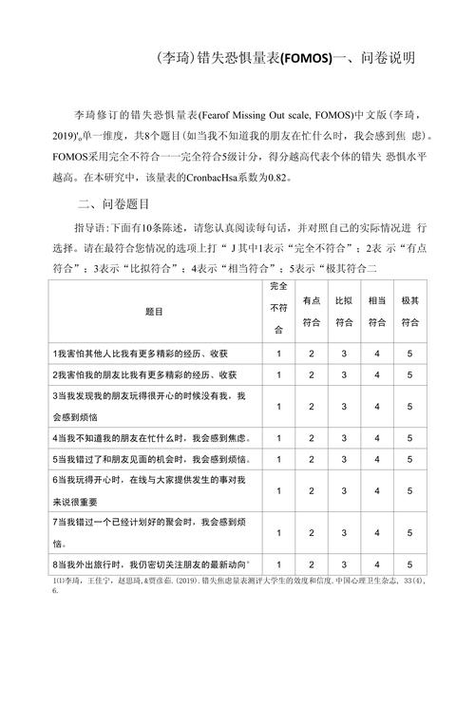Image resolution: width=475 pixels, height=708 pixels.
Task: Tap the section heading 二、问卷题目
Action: (x=121, y=204)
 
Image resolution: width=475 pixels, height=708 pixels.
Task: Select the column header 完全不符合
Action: (x=278, y=310)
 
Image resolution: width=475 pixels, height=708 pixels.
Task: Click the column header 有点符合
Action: (x=312, y=311)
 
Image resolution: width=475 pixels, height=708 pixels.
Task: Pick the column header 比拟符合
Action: (x=344, y=311)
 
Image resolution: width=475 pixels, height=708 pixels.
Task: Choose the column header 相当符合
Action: (x=376, y=311)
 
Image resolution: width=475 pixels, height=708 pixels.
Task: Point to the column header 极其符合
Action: (x=409, y=311)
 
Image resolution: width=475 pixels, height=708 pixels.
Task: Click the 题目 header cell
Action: (x=154, y=311)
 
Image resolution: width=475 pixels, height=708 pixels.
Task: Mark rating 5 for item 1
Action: (x=409, y=354)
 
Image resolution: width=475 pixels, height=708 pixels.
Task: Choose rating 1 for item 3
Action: (x=278, y=406)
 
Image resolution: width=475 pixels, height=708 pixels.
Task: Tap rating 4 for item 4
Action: (x=376, y=438)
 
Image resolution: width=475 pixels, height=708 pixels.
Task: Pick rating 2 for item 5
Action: (x=312, y=459)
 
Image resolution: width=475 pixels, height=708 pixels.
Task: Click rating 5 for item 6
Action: (x=409, y=491)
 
